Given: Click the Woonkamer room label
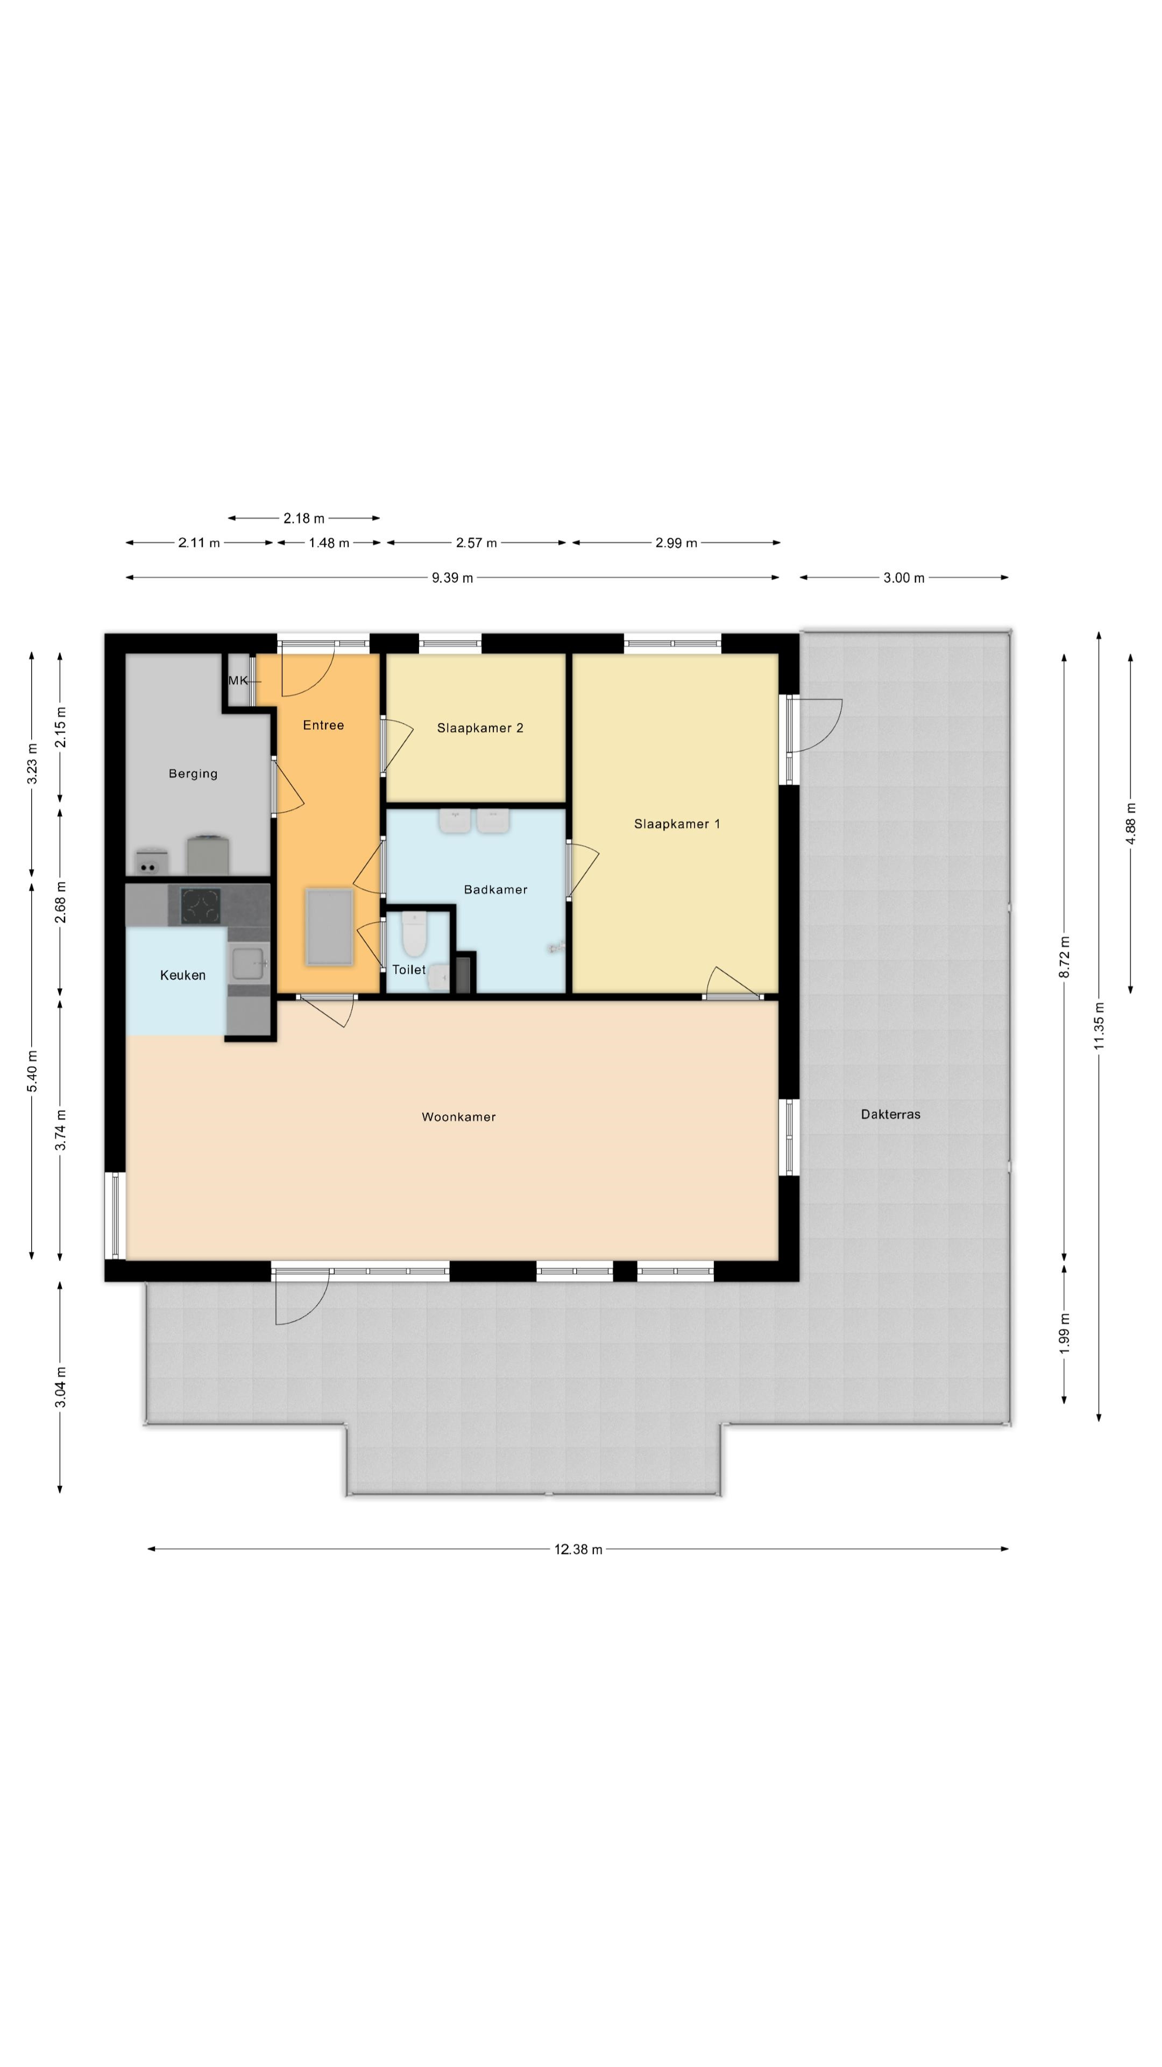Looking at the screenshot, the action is coord(459,1117).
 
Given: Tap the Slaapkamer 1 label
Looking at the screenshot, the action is coord(677,824).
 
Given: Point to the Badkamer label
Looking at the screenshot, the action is coord(495,889).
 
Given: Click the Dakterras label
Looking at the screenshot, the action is coord(890,1114).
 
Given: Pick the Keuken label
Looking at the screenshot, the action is coord(183,975).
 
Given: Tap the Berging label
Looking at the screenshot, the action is coord(193,774).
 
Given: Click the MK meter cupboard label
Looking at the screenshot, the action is coord(238,680).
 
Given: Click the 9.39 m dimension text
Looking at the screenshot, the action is coord(452,578).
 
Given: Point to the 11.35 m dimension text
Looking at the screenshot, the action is coord(1099,1025).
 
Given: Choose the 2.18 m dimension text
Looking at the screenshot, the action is coord(304,518).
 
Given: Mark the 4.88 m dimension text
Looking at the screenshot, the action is coord(1131,823).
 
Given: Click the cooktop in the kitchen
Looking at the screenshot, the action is coord(200,906).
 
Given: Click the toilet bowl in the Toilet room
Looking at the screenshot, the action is coord(414,935).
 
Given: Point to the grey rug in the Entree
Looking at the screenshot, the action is coord(329,927).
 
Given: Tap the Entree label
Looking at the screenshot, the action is coord(323,726).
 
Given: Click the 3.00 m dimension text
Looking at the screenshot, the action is coord(904,578).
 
